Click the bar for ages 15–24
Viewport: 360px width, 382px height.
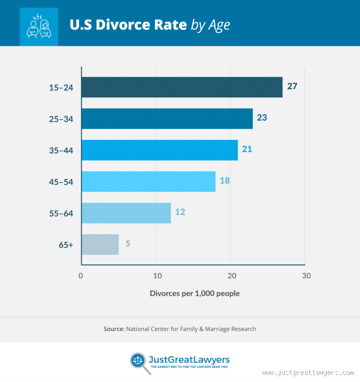coord(182,87)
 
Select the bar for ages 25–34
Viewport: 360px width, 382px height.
coord(167,118)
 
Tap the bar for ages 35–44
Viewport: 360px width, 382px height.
coord(159,150)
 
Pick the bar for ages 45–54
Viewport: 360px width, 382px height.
coord(148,181)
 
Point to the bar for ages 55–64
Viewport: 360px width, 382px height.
coord(126,213)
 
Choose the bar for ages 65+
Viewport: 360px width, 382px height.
coord(99,244)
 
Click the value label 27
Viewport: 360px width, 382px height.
coord(292,86)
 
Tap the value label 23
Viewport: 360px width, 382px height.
coord(262,118)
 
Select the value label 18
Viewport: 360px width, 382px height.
coord(224,181)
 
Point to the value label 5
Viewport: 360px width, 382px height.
coord(127,244)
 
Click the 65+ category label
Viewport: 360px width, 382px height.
coord(66,244)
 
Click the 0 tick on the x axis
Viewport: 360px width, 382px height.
coord(81,276)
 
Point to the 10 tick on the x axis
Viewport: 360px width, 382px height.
coord(156,276)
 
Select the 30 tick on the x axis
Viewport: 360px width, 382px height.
coord(306,276)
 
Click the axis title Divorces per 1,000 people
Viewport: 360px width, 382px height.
coord(194,294)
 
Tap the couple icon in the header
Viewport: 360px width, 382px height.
coord(38,25)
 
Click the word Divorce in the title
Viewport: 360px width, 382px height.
coord(117,25)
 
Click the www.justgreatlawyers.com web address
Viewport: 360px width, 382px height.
coord(308,372)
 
